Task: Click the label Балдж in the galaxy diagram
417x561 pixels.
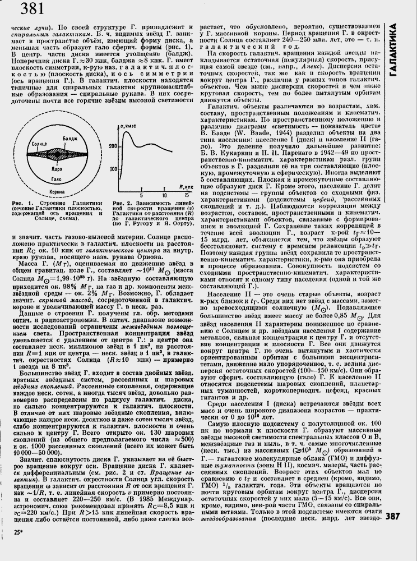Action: tap(70, 137)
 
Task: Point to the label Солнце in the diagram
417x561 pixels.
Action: tap(39, 144)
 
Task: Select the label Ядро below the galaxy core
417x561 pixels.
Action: tap(58, 168)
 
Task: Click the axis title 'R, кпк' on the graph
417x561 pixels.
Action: tap(187, 186)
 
